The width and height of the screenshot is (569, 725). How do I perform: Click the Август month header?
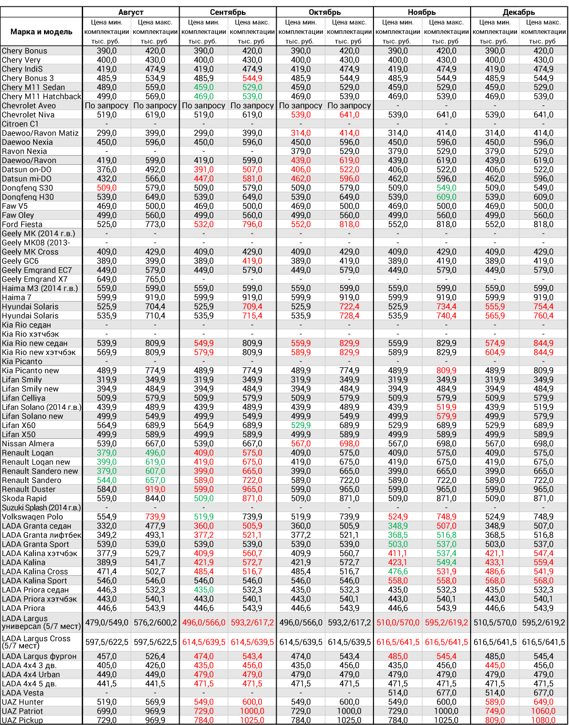pyautogui.click(x=130, y=12)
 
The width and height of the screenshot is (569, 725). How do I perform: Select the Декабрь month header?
pyautogui.click(x=519, y=12)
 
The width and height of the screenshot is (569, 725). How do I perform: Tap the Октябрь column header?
pyautogui.click(x=324, y=12)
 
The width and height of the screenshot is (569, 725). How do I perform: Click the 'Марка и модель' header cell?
pyautogui.click(x=42, y=31)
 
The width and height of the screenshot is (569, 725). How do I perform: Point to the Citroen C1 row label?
pyautogui.click(x=21, y=124)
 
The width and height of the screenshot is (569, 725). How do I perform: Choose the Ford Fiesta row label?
pyautogui.click(x=22, y=224)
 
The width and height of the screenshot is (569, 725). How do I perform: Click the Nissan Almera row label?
pyautogui.click(x=28, y=443)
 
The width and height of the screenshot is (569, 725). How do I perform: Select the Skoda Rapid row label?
pyautogui.click(x=25, y=498)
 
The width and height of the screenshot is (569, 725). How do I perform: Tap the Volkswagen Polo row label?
pyautogui.click(x=33, y=517)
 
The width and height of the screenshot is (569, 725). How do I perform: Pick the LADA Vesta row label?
pyautogui.click(x=23, y=693)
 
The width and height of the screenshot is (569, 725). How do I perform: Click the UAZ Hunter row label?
pyautogui.click(x=23, y=702)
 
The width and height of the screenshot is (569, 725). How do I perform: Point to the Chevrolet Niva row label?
pyautogui.click(x=28, y=114)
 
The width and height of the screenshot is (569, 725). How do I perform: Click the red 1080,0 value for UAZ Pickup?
pyautogui.click(x=543, y=720)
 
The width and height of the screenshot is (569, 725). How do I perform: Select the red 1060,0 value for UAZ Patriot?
pyautogui.click(x=543, y=711)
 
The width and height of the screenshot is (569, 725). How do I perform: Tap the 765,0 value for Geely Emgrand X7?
pyautogui.click(x=155, y=279)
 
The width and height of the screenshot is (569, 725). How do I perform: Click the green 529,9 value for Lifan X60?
pyautogui.click(x=301, y=425)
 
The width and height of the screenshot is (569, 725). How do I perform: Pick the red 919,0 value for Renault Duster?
pyautogui.click(x=155, y=489)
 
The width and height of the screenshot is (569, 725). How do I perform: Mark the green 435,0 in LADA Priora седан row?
pyautogui.click(x=204, y=590)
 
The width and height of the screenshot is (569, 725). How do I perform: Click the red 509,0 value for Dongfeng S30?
pyautogui.click(x=106, y=188)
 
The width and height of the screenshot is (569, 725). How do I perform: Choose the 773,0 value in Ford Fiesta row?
pyautogui.click(x=155, y=224)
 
